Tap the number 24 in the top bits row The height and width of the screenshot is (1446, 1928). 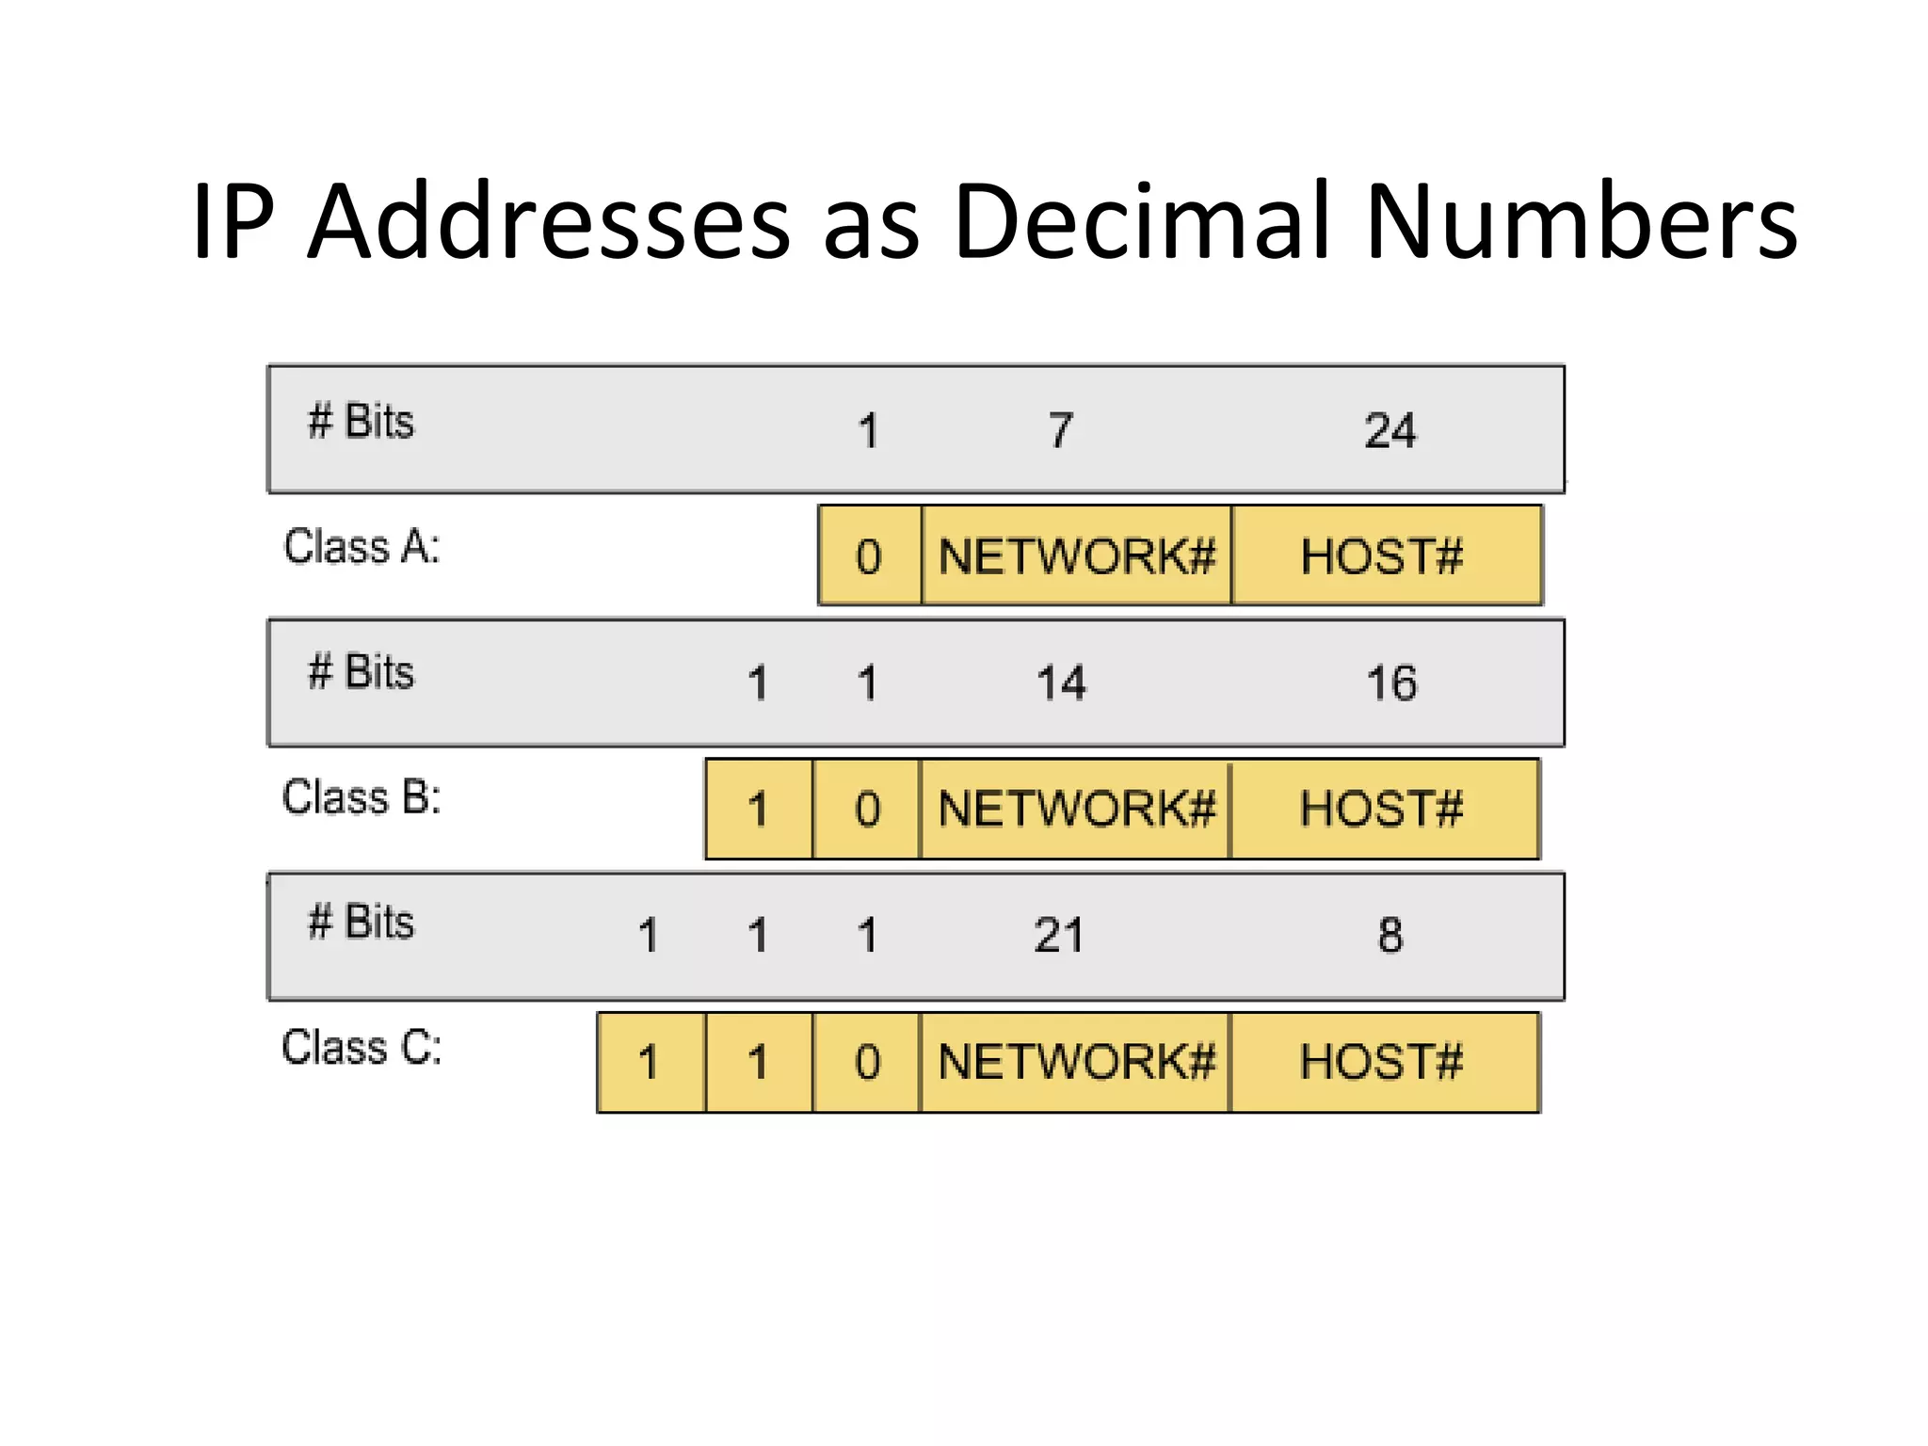click(x=1390, y=431)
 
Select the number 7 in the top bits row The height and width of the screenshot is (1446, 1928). click(x=1060, y=431)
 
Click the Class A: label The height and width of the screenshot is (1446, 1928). click(x=361, y=547)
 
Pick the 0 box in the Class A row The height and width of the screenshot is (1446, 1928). click(x=869, y=555)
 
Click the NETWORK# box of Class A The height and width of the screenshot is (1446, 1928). click(x=1076, y=555)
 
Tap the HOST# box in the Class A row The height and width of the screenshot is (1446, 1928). click(x=1384, y=555)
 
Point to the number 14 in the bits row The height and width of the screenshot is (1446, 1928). click(x=1061, y=683)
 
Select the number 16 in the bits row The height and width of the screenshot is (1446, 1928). click(x=1390, y=683)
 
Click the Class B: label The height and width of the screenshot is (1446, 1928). click(x=361, y=797)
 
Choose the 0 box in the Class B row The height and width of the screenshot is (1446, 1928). click(x=867, y=809)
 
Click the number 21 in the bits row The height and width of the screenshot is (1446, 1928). click(x=1058, y=936)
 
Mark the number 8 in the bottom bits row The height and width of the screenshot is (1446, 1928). click(x=1390, y=936)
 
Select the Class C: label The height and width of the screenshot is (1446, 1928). click(x=361, y=1048)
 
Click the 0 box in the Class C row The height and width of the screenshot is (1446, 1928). click(x=867, y=1062)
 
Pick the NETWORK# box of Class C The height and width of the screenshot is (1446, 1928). click(x=1076, y=1062)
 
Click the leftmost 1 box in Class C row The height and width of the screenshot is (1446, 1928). click(x=649, y=1062)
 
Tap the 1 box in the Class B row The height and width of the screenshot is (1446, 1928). click(x=758, y=809)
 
